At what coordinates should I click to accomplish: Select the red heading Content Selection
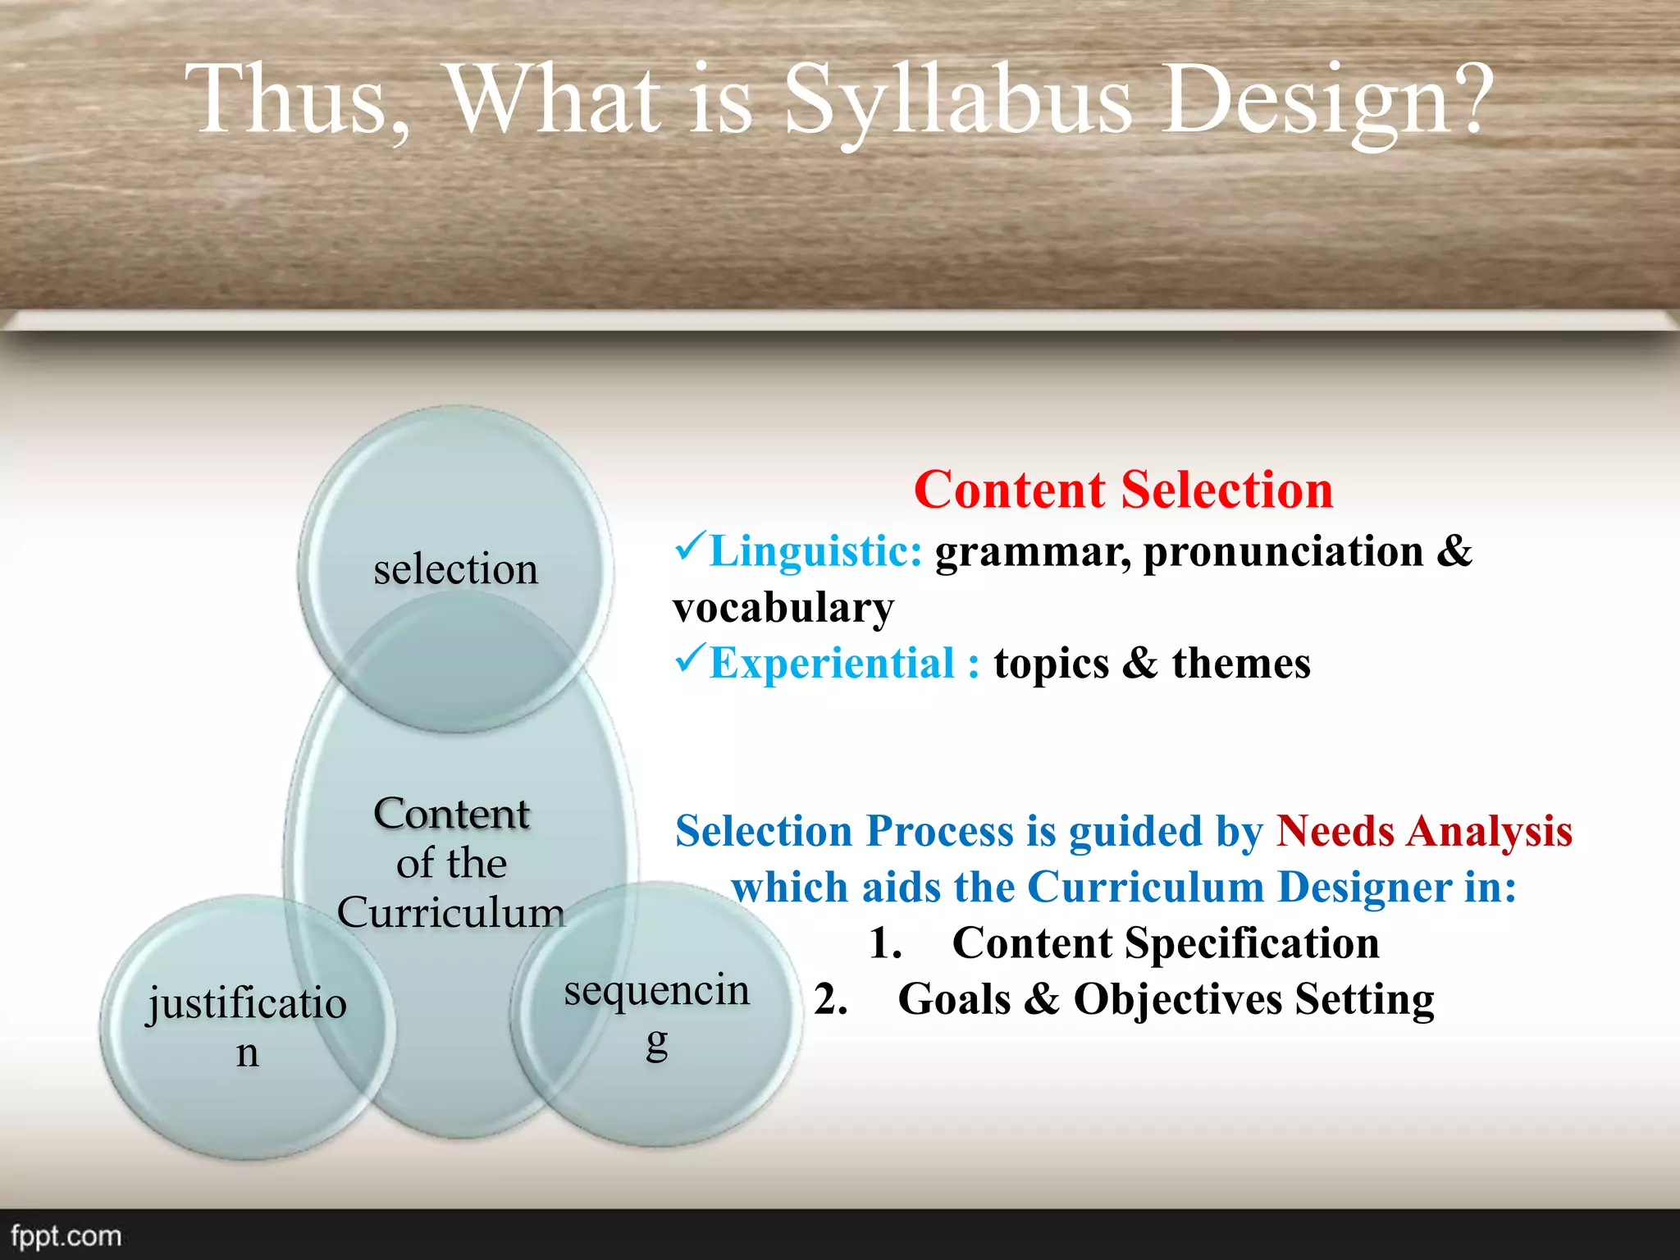tap(1123, 490)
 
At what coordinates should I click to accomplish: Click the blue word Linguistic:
tap(815, 550)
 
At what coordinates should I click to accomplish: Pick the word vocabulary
tap(783, 608)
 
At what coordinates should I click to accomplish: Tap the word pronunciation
tap(1284, 551)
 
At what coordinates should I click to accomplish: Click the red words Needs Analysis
tap(1424, 831)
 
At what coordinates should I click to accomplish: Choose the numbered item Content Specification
tap(1165, 943)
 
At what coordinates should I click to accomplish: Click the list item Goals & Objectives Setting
tap(1165, 999)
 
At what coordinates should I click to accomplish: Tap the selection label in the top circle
tap(455, 568)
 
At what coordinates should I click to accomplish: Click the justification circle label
tap(247, 1025)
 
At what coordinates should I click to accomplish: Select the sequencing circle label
tap(656, 1013)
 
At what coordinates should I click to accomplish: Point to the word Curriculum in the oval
tap(450, 912)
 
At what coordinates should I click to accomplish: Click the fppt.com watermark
tap(66, 1235)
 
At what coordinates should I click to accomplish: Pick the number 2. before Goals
tap(830, 999)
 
